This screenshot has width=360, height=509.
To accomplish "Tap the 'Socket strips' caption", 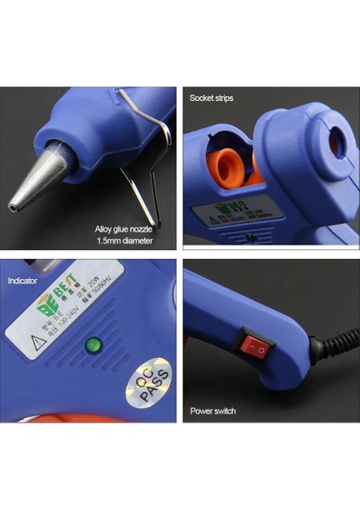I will (211, 98).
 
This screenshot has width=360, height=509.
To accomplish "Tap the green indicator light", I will (93, 344).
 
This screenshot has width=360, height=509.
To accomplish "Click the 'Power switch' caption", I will (213, 411).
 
